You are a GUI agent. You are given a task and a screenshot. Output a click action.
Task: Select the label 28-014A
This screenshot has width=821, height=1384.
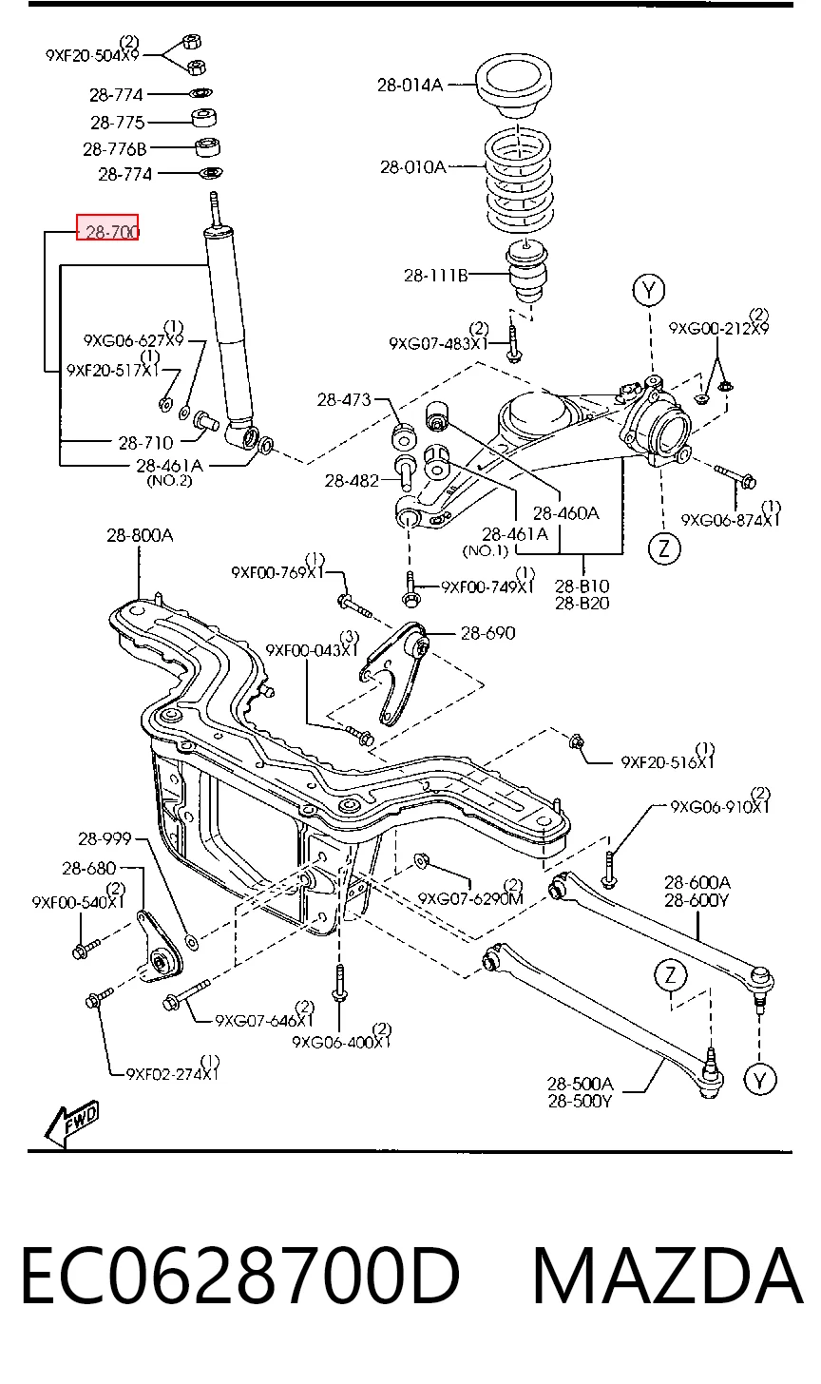[x=410, y=85]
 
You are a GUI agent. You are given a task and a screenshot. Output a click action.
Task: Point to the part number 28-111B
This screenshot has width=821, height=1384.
[x=436, y=275]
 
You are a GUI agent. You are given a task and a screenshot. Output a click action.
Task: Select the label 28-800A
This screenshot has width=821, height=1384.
[x=140, y=535]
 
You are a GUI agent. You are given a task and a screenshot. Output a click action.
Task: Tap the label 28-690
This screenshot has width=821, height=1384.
[x=488, y=633]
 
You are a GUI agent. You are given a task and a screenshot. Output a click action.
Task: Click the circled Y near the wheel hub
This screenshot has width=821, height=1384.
[x=649, y=290]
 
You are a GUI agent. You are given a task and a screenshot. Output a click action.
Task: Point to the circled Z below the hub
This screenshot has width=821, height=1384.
[x=665, y=548]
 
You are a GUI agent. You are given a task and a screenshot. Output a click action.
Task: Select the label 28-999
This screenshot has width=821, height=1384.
[x=105, y=838]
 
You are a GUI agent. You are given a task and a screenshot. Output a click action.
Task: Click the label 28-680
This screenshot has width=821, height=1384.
[x=89, y=868]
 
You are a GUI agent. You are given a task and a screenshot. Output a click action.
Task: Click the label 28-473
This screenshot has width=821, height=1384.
[x=344, y=400]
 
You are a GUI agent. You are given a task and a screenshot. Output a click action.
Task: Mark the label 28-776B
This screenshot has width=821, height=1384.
[x=115, y=149]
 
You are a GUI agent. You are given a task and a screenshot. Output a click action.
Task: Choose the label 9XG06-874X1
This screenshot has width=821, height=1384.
[x=730, y=516]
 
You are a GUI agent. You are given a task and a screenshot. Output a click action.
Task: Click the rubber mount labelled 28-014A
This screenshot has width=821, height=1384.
[x=514, y=85]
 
